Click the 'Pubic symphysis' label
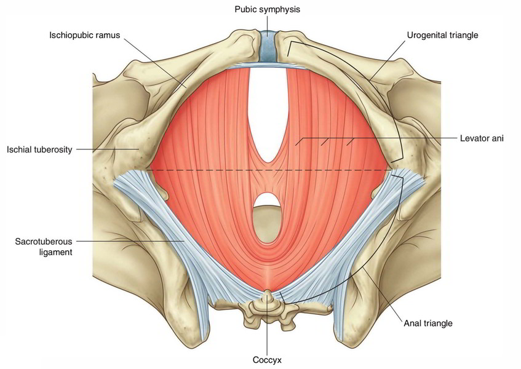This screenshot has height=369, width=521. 267,9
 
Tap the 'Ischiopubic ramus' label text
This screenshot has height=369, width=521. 85,35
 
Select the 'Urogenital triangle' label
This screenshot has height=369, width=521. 442,35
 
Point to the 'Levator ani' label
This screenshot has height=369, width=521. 482,138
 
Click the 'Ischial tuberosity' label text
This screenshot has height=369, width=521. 39,149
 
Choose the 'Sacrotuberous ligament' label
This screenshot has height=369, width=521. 44,247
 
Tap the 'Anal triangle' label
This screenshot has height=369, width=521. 428,323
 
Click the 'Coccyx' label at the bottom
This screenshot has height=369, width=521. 267,360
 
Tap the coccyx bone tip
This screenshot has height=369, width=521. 268,292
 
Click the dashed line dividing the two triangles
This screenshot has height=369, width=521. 268,170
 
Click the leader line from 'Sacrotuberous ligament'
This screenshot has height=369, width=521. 130,241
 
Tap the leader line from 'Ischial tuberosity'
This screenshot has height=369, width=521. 107,149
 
